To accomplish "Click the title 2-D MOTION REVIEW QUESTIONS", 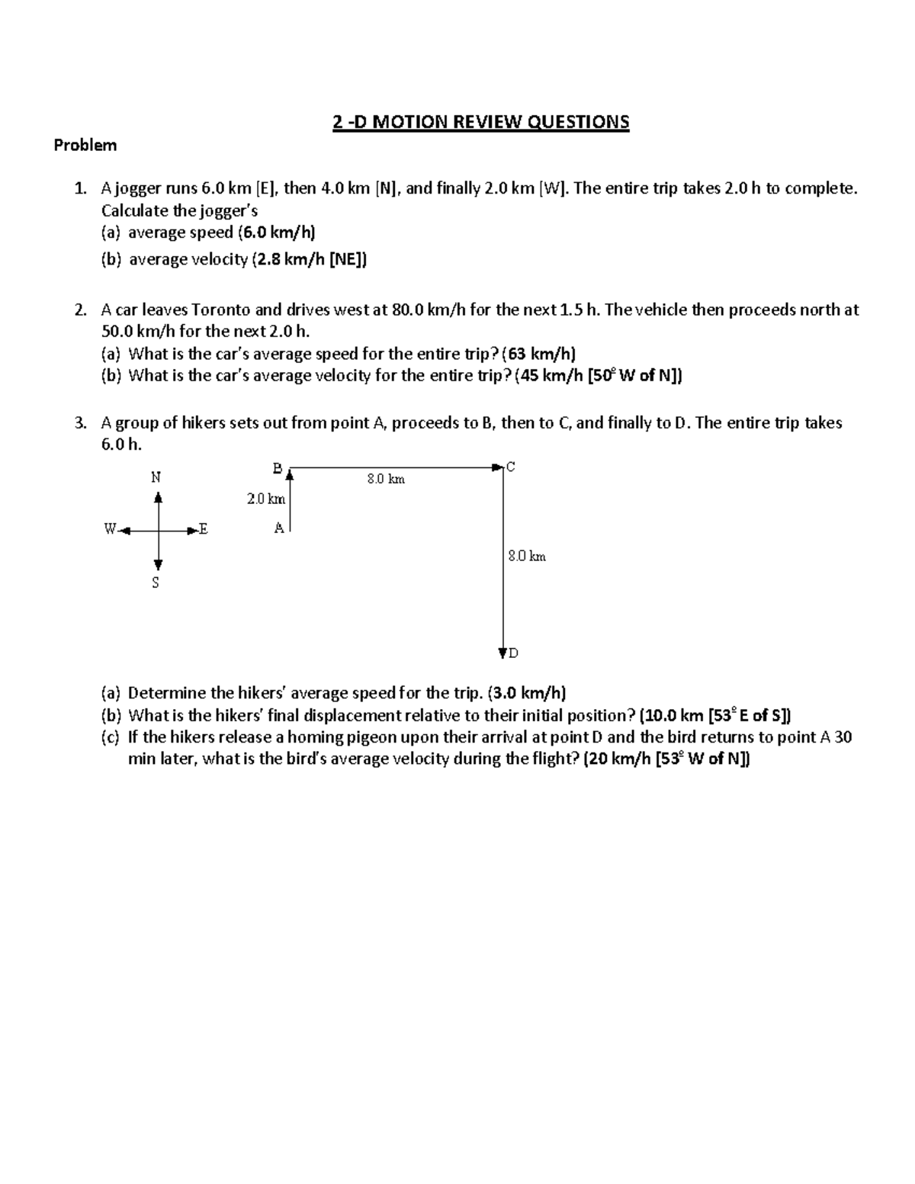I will click(480, 122).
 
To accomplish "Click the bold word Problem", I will click(85, 145).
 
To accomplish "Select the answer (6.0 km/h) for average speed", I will click(276, 233).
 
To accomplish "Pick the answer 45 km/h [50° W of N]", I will click(599, 375).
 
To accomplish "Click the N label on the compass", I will click(156, 477).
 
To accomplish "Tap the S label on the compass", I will click(156, 583).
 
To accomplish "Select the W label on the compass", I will click(110, 528).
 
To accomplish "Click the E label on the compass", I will click(203, 528).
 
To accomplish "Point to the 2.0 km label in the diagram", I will click(265, 499).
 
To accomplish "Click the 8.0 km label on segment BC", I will click(385, 479).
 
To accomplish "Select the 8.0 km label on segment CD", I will click(527, 557).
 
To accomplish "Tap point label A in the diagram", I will click(278, 528).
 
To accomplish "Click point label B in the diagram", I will click(277, 467).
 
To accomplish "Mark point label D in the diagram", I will click(514, 653).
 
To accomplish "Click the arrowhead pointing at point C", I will click(498, 467).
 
